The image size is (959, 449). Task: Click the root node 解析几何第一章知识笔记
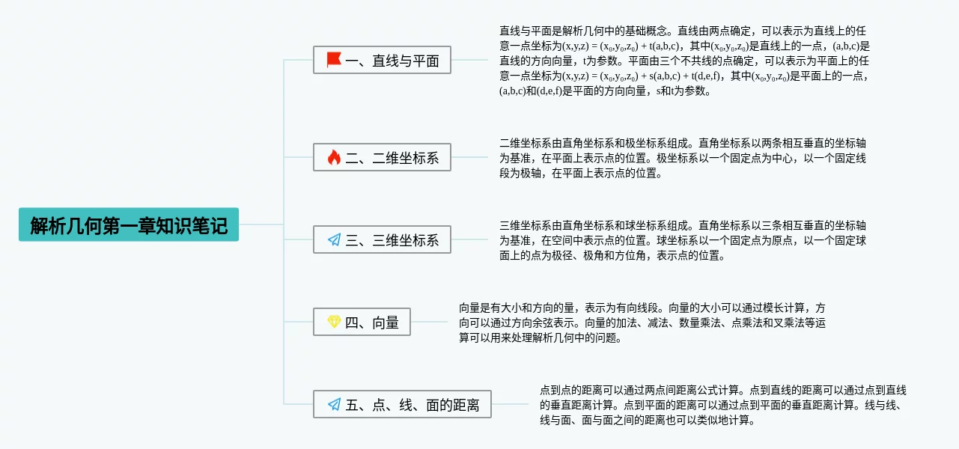tap(129, 225)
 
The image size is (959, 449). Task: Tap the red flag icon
tap(334, 60)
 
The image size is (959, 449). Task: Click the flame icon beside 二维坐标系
tap(334, 157)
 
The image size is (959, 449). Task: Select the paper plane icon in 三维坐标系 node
tap(334, 240)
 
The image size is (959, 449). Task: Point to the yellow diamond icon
tap(334, 323)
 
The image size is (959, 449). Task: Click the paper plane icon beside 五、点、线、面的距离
tap(334, 405)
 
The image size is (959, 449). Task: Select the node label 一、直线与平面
tap(392, 61)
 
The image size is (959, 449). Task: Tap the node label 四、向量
tap(372, 323)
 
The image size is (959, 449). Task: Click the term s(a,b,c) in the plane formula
tap(664, 76)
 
